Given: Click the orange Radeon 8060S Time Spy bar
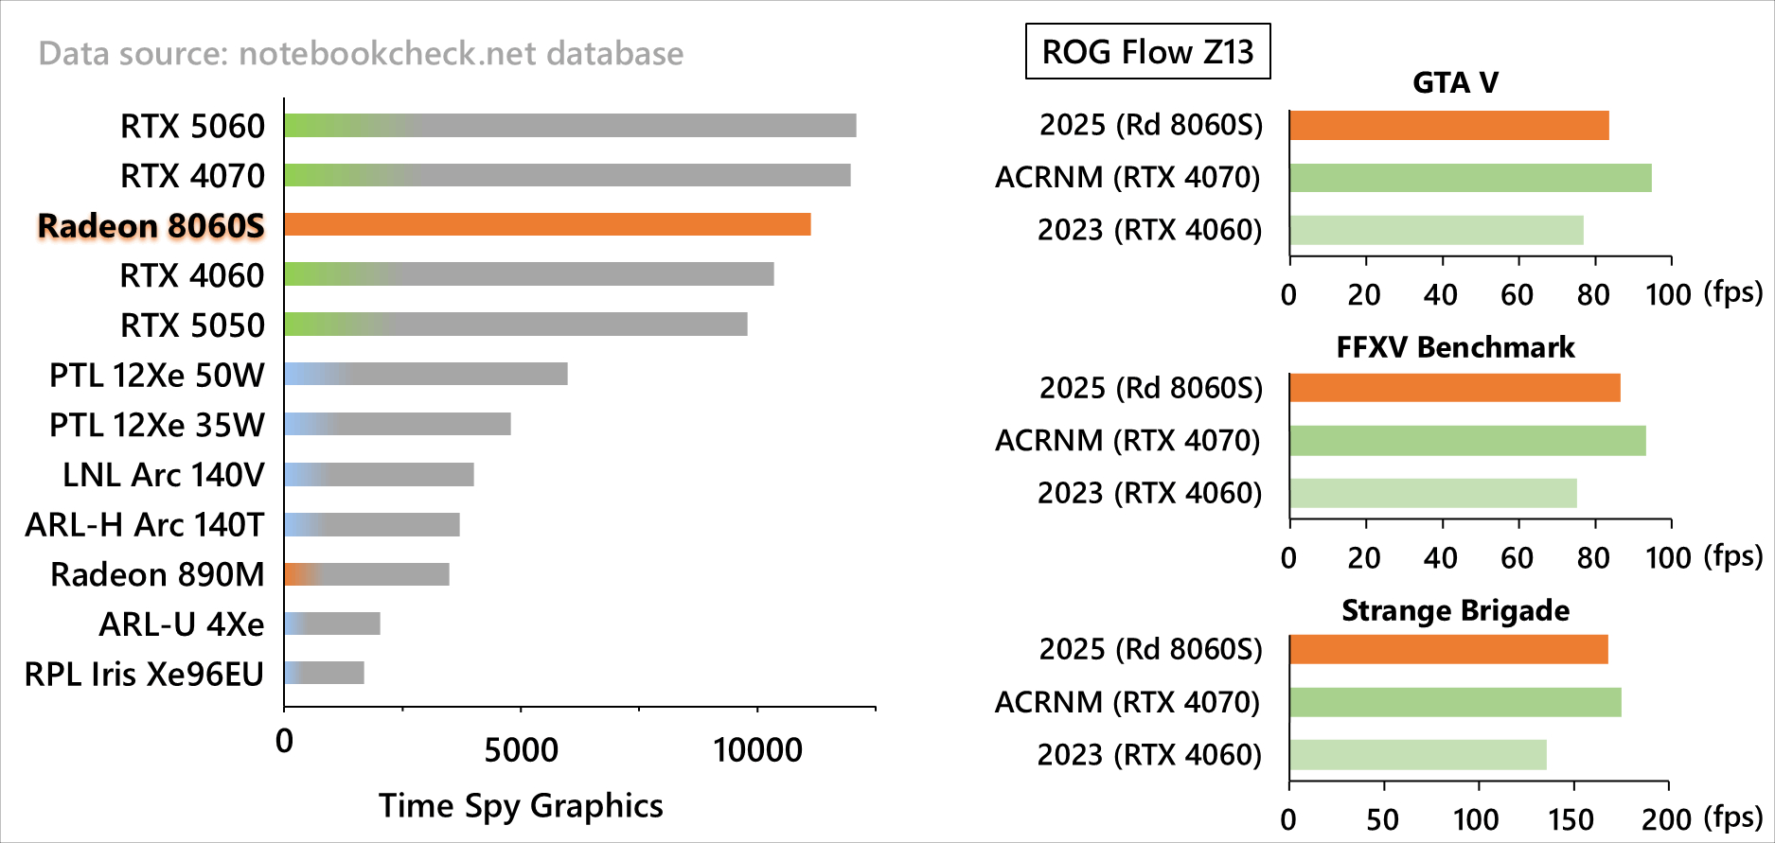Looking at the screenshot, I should tap(547, 224).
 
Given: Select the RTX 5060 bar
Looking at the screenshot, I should tap(570, 126).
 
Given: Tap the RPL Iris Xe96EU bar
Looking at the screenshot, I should tap(324, 673).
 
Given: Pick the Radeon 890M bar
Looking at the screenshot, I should tap(366, 574).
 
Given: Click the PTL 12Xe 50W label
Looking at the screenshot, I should tap(157, 376).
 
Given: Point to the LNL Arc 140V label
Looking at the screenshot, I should tap(163, 475).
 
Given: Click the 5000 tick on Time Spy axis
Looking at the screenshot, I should tap(521, 750).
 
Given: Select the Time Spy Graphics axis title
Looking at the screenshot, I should tap(521, 805).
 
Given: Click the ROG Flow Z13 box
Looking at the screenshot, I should tap(1147, 51).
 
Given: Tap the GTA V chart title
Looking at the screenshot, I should tap(1455, 83).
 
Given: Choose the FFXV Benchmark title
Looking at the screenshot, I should tap(1455, 347).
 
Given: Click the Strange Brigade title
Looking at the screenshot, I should tap(1455, 610).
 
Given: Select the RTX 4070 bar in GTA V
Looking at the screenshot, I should tap(1469, 178).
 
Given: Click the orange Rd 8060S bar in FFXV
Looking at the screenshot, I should tap(1454, 388).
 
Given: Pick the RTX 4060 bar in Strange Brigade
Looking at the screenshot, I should tap(1417, 755).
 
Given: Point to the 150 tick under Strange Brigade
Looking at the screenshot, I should tap(1572, 818).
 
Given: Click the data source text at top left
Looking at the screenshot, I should tap(361, 53).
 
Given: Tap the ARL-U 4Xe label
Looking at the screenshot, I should tap(182, 624).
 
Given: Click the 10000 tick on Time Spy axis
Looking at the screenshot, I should tap(757, 750).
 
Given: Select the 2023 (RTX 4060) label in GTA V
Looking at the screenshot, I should tap(1149, 230).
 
